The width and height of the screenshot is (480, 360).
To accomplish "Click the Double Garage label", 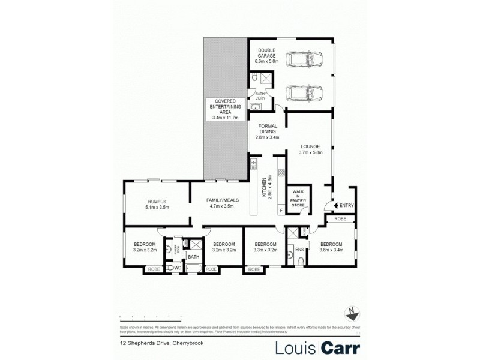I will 266,53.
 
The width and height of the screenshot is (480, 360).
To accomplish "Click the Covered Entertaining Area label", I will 225,109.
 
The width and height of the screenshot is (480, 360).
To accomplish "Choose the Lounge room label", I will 311,149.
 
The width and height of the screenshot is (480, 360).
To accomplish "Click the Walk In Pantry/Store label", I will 298,198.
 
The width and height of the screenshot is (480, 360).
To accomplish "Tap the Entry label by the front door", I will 346,206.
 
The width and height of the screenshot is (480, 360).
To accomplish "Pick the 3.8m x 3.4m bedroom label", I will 331,247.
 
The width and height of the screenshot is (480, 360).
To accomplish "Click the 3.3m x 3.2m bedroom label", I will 265,247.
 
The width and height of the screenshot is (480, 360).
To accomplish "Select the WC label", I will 178,267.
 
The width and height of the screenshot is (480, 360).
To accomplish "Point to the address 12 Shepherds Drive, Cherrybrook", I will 149,344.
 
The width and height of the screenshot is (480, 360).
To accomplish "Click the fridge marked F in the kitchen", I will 281,210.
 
